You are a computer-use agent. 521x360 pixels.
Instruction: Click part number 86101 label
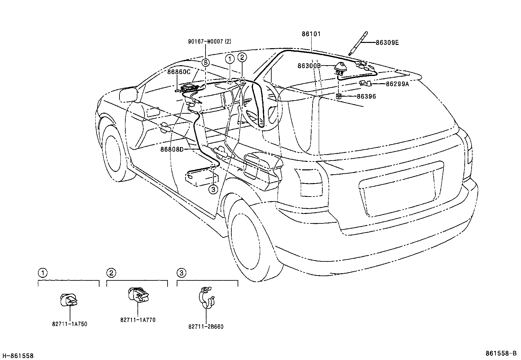point(311,34)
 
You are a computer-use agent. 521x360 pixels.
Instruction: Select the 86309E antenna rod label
point(387,43)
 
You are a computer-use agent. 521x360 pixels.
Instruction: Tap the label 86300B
point(309,66)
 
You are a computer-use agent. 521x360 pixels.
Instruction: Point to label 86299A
point(397,84)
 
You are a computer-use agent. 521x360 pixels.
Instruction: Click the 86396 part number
point(366,96)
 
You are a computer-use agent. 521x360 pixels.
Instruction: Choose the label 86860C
point(179,72)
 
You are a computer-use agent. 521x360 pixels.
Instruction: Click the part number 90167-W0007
point(209,42)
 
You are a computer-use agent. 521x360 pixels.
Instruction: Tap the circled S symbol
point(205,63)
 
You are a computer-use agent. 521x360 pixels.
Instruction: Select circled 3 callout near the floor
point(213,189)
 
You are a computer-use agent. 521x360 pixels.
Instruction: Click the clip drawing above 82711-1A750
point(69,300)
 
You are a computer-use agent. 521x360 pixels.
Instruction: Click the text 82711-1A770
point(138,320)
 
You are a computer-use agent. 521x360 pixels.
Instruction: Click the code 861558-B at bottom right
point(501,353)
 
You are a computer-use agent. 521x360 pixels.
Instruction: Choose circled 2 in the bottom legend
point(111,273)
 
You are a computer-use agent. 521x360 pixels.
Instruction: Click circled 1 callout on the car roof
point(230,59)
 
